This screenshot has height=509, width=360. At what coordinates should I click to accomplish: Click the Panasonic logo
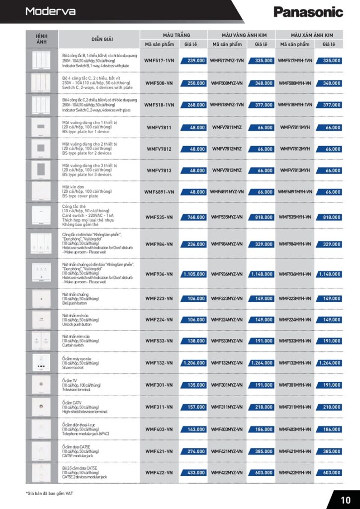(x=308, y=12)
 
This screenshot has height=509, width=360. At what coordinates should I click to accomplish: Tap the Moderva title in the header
(x=50, y=11)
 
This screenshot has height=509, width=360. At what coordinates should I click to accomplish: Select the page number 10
(x=346, y=499)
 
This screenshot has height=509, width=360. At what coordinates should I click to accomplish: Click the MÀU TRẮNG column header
(x=174, y=35)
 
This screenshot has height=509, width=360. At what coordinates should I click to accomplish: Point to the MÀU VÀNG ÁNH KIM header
(x=241, y=35)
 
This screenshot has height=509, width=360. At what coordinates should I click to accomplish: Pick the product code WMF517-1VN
(x=159, y=60)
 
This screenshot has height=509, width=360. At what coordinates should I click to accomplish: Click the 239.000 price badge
(x=194, y=60)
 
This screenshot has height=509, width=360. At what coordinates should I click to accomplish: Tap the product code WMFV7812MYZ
(x=227, y=149)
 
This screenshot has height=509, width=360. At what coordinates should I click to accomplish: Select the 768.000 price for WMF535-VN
(x=194, y=217)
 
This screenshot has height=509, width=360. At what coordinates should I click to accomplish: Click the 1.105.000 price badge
(x=193, y=274)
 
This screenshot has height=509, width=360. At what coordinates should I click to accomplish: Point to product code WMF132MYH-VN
(x=295, y=363)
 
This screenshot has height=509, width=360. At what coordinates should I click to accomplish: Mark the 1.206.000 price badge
(x=193, y=363)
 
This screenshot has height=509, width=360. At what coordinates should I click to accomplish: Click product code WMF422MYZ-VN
(x=227, y=472)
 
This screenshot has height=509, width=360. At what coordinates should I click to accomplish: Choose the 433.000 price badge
(x=194, y=472)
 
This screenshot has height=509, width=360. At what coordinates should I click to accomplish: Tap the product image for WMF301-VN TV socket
(x=41, y=385)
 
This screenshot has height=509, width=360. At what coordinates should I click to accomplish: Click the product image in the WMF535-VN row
(x=41, y=215)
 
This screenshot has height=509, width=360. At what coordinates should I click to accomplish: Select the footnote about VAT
(x=50, y=493)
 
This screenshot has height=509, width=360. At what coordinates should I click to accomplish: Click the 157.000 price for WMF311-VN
(x=194, y=407)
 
